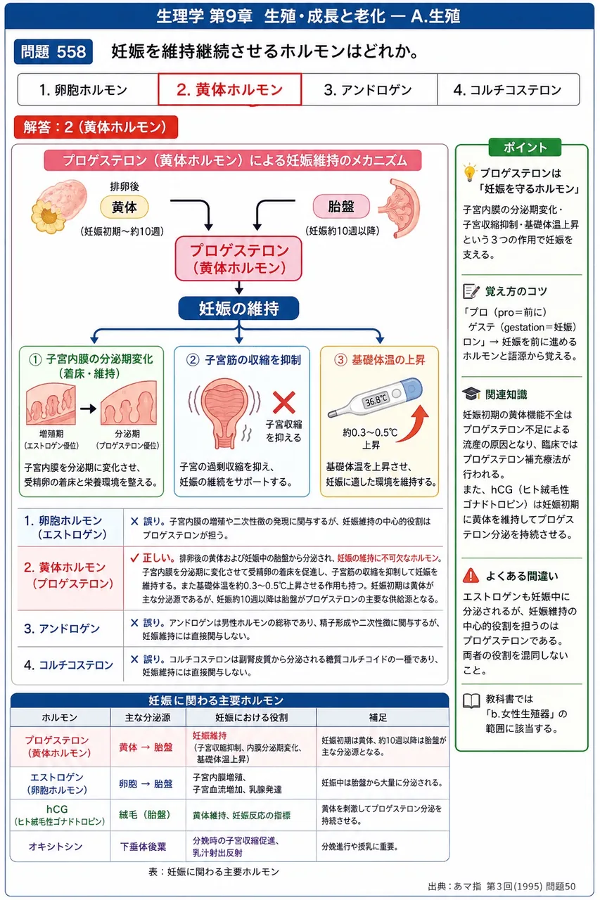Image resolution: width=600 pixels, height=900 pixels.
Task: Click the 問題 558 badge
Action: click(53, 51)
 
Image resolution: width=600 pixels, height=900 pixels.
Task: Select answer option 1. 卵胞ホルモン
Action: click(88, 89)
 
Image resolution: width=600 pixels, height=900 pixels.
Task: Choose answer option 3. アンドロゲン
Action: click(369, 89)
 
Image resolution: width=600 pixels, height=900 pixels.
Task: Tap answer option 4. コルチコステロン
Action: click(508, 89)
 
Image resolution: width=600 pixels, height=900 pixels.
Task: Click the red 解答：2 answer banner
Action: click(96, 127)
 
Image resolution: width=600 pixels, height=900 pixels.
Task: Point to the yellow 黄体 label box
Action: click(125, 207)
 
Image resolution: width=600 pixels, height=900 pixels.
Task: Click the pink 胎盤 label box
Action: click(340, 207)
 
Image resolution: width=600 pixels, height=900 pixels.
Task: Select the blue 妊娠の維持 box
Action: click(238, 308)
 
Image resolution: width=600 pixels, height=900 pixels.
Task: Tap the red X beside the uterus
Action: click(283, 402)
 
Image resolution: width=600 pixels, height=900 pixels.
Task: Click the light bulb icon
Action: click(469, 173)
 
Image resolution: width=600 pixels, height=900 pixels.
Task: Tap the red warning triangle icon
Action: click(471, 576)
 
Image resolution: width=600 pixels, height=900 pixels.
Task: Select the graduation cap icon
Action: click(471, 394)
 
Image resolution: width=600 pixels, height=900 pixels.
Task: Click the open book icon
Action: click(471, 701)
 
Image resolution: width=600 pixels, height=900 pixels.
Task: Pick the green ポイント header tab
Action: click(525, 147)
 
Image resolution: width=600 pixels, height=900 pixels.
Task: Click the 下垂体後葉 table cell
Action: click(143, 847)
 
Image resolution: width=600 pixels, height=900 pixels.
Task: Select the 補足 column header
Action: click(378, 718)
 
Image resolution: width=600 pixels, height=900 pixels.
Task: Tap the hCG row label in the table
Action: click(59, 815)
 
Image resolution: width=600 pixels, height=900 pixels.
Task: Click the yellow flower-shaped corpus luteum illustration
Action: click(49, 216)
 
